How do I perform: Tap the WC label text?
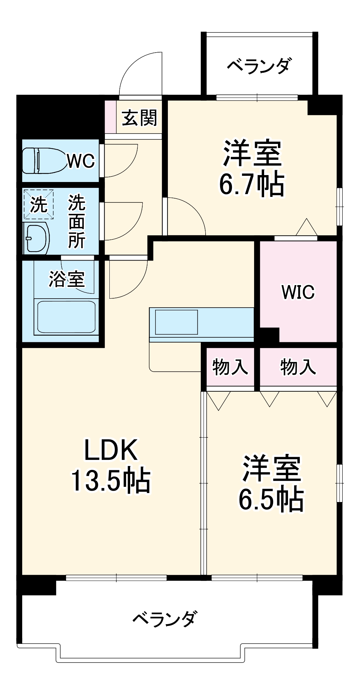(81, 161)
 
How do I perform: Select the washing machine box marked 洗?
(38, 204)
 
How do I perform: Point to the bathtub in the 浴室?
(66, 317)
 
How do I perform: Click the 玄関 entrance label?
(139, 118)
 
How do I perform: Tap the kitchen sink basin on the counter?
(176, 322)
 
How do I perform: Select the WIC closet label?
(298, 292)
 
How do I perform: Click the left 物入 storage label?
(230, 367)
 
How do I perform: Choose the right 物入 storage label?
(298, 367)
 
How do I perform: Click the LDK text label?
(111, 450)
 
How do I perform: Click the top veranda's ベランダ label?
(259, 66)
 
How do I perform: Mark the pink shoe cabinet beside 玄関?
(110, 117)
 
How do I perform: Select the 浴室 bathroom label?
(66, 279)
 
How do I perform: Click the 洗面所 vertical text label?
(76, 221)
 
